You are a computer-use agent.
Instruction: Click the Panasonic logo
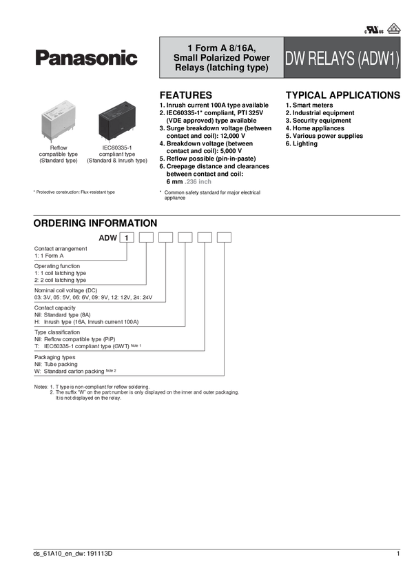[86, 59]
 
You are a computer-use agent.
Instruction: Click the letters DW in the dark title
[296, 59]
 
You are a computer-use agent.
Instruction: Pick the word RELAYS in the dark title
[332, 59]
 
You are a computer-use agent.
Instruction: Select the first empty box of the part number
[127, 239]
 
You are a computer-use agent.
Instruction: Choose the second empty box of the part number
[146, 239]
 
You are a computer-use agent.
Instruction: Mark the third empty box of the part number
[166, 239]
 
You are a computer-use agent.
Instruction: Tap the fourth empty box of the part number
[185, 239]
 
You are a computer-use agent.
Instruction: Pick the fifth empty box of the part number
[205, 239]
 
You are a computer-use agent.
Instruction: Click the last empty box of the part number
[225, 239]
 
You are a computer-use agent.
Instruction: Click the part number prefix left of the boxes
[106, 239]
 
